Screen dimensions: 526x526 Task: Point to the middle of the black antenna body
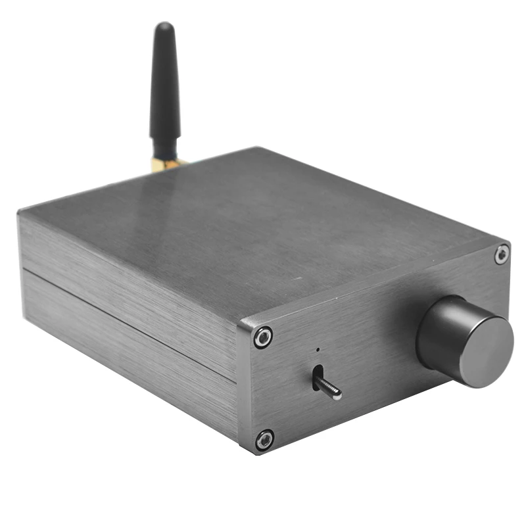pyautogui.click(x=164, y=85)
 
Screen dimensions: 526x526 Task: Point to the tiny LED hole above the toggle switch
pyautogui.click(x=317, y=350)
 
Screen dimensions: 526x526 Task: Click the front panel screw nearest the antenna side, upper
pyautogui.click(x=264, y=337)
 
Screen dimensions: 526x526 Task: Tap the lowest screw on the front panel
pyautogui.click(x=264, y=439)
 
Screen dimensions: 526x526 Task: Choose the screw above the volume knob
pyautogui.click(x=501, y=254)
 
